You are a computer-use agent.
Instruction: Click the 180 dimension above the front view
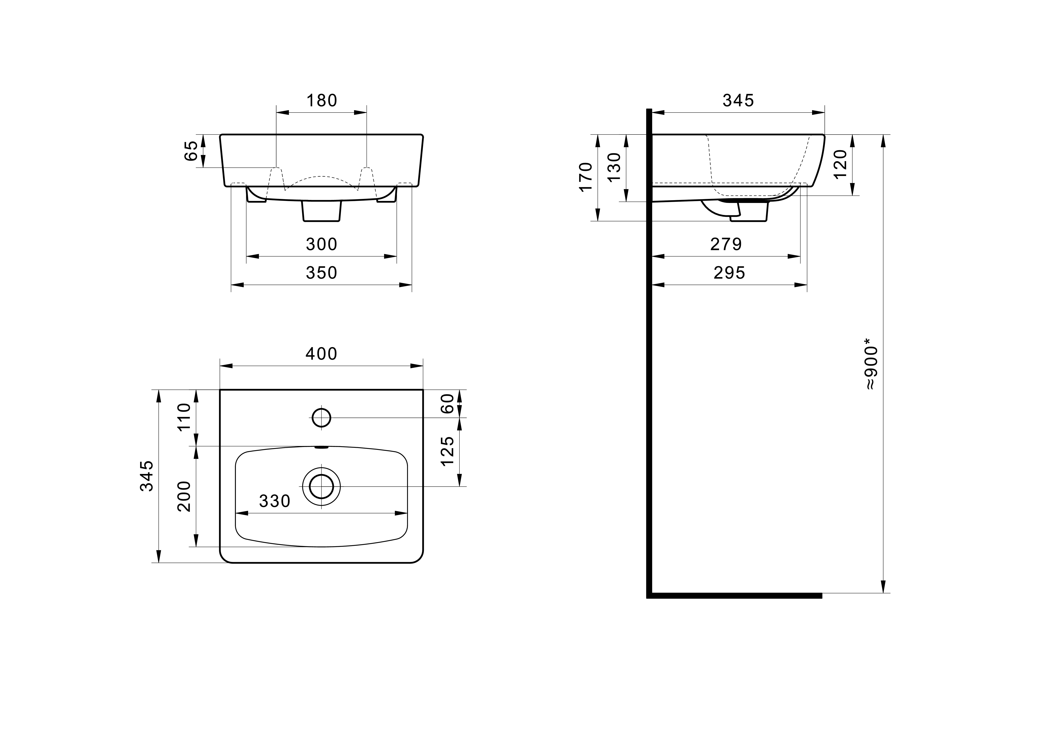coord(321,101)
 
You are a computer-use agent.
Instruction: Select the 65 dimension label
coord(191,151)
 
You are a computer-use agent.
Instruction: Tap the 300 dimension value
coord(321,244)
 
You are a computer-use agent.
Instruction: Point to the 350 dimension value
coord(321,273)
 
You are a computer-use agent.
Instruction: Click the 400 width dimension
coord(321,354)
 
